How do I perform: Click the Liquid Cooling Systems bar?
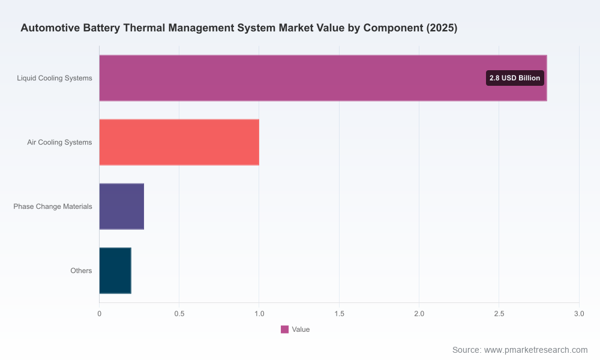(323, 78)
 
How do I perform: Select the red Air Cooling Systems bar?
(179, 142)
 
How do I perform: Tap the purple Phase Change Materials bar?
(122, 206)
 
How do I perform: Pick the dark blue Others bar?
(115, 271)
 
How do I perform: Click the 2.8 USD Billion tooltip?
(515, 78)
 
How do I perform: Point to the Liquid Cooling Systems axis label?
(55, 78)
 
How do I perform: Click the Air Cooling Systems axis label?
(59, 142)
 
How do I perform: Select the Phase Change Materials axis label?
(53, 206)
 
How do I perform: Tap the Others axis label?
(81, 271)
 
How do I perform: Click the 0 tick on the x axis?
(100, 314)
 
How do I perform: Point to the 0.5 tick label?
(179, 314)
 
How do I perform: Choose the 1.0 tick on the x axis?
(259, 314)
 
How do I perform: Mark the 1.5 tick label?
(339, 314)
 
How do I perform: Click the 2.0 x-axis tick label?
(419, 314)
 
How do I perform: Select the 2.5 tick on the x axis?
(499, 314)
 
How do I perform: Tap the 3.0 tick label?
(579, 314)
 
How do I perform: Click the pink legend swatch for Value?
(284, 329)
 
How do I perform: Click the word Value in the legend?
(301, 329)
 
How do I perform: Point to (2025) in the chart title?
(442, 28)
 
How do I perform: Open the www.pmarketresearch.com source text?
(536, 350)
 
